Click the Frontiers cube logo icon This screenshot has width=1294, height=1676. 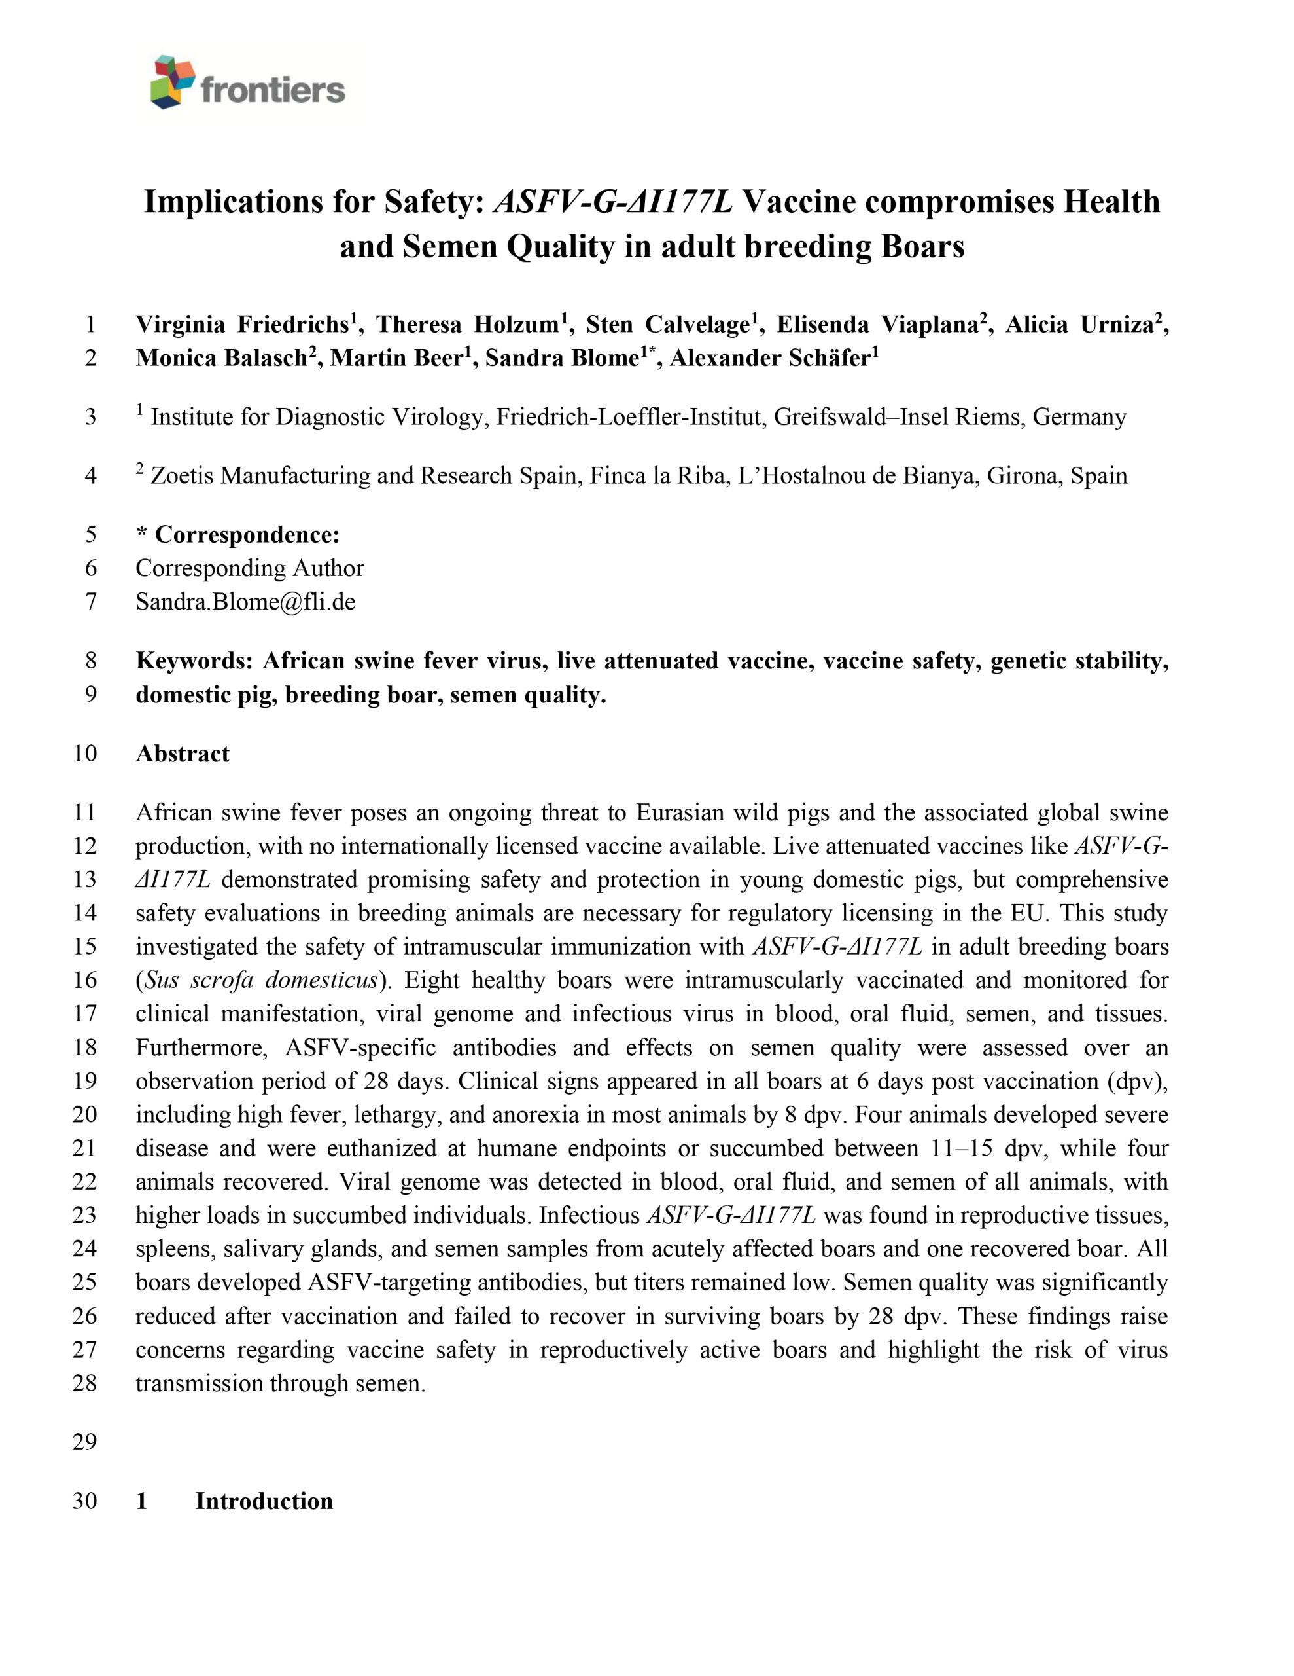[x=173, y=81]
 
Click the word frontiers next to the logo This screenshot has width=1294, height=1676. [x=272, y=90]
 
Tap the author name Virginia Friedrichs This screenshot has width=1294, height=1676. [x=243, y=325]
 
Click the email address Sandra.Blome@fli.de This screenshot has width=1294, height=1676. [x=245, y=601]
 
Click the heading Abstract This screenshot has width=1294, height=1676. [x=183, y=754]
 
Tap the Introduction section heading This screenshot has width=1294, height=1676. [x=264, y=1501]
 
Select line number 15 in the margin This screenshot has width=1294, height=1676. [x=84, y=946]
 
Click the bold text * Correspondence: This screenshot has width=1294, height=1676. [x=237, y=534]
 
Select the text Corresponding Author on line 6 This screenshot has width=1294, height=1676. [x=249, y=568]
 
